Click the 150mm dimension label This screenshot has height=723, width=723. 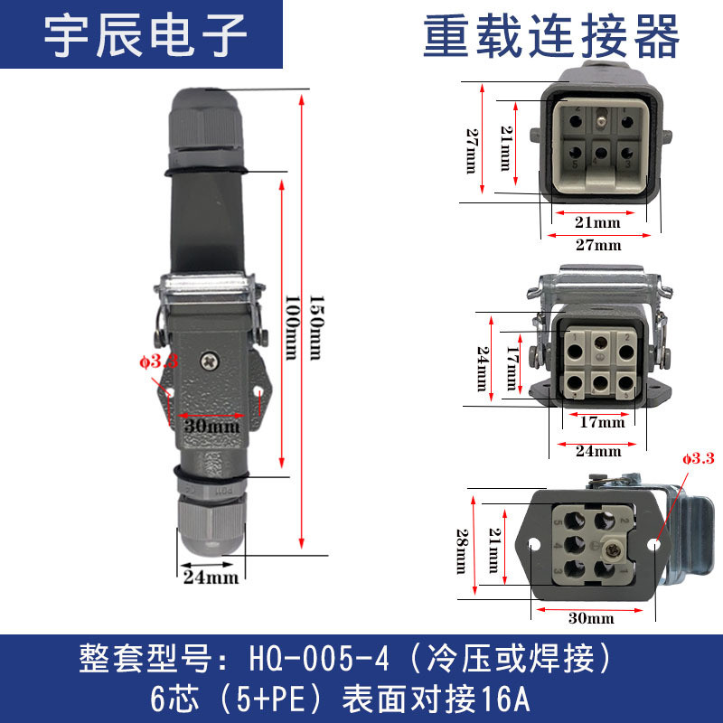(x=316, y=327)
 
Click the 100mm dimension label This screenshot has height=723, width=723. (x=291, y=327)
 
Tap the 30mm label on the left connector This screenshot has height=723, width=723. (x=211, y=426)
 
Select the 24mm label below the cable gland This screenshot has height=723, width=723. (x=211, y=577)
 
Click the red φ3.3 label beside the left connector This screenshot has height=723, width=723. (x=159, y=361)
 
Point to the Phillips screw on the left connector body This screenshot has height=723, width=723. (x=210, y=361)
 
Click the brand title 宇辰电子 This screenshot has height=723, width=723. (x=146, y=35)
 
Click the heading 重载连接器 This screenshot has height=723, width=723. (x=551, y=36)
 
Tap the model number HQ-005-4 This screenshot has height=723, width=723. (x=319, y=658)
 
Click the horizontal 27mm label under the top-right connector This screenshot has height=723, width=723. (x=598, y=245)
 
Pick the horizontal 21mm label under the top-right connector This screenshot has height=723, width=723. (x=597, y=222)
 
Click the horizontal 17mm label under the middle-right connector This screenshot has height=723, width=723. (x=602, y=422)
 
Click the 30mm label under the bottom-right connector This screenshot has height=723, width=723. (x=591, y=618)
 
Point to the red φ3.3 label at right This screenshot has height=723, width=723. (x=699, y=458)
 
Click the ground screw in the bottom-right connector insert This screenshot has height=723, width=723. (x=614, y=549)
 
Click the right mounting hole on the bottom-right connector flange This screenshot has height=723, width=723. (x=653, y=545)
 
